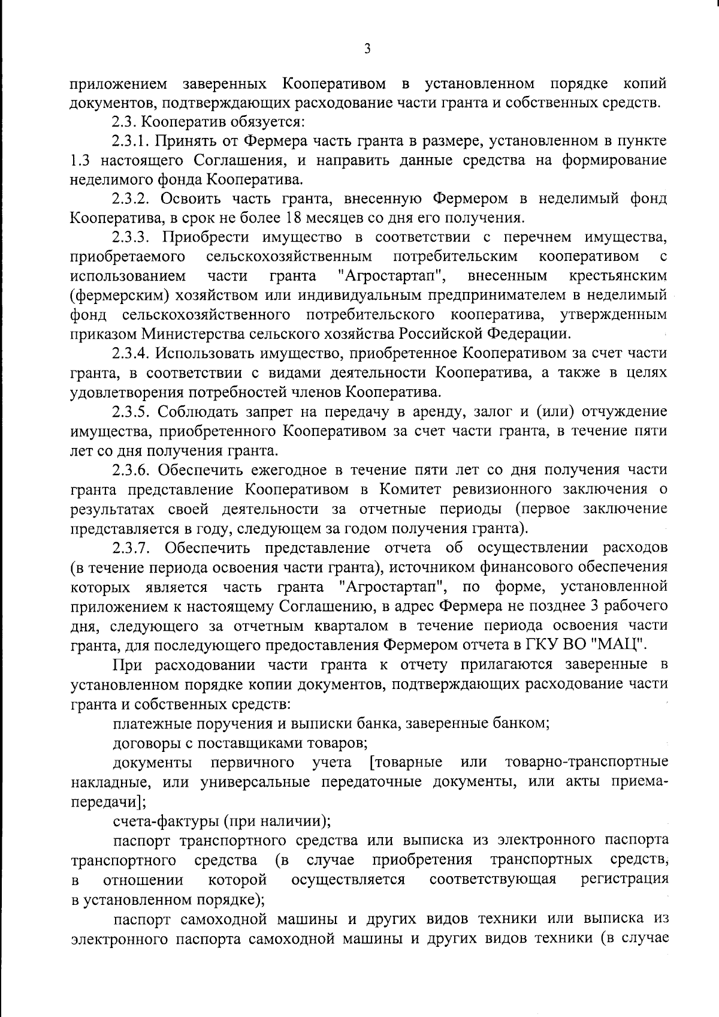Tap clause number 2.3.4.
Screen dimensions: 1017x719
pyautogui.click(x=133, y=354)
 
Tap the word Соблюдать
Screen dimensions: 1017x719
pyautogui.click(x=201, y=412)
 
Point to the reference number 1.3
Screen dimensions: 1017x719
pyautogui.click(x=80, y=161)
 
